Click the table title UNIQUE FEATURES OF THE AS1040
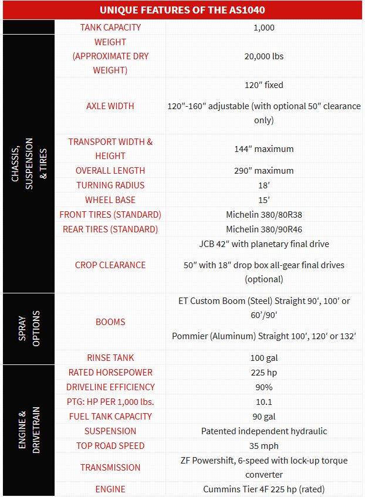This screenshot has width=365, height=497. click(182, 11)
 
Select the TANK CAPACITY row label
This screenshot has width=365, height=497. click(110, 28)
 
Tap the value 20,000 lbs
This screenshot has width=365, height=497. click(263, 56)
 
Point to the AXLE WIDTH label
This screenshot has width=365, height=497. click(110, 106)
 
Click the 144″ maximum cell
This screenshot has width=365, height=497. click(263, 149)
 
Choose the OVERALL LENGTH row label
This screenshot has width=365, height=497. click(110, 171)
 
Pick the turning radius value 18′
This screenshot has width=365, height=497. click(263, 185)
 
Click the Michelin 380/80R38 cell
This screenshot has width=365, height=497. click(263, 215)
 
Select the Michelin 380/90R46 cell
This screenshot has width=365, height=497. click(263, 229)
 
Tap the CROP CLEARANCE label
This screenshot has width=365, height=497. click(110, 265)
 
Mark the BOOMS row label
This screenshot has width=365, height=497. click(110, 322)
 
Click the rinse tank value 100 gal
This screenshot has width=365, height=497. click(263, 358)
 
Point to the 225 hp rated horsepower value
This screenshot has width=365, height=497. click(263, 373)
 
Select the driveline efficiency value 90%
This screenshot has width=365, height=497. click(263, 387)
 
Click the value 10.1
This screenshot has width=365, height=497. click(263, 402)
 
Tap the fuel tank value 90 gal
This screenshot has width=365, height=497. click(263, 417)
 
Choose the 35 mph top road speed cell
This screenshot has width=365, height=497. click(263, 446)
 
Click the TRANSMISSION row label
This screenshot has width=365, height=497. click(110, 468)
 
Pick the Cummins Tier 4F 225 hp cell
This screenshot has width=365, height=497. click(263, 489)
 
